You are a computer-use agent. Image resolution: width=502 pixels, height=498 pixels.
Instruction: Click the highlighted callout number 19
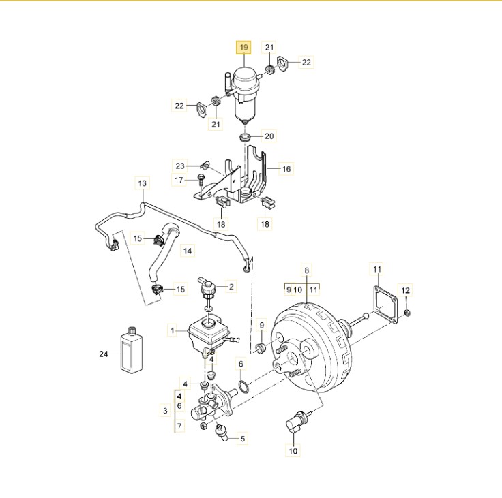tap(243, 48)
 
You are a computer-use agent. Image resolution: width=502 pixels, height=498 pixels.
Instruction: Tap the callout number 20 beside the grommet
tap(269, 136)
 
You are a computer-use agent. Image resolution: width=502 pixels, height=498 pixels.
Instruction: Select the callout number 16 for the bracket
tap(286, 168)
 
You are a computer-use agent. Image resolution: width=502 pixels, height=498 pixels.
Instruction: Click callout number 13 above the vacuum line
tap(142, 183)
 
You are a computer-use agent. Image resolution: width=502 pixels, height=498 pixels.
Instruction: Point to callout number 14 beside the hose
tap(188, 251)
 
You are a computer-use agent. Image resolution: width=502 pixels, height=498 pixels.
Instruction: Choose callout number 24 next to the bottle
tap(104, 354)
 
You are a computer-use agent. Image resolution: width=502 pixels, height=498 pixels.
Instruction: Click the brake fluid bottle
tap(131, 350)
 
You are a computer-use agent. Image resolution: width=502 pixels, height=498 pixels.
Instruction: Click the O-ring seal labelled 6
tap(243, 386)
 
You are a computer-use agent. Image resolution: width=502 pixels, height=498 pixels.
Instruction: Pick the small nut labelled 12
tap(407, 312)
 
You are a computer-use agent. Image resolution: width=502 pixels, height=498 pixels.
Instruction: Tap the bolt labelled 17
tap(201, 180)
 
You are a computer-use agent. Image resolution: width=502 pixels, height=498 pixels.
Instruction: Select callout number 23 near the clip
tap(179, 166)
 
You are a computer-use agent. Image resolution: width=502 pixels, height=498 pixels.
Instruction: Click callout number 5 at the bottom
tap(242, 439)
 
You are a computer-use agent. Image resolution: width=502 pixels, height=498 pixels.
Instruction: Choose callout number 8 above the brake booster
tap(306, 270)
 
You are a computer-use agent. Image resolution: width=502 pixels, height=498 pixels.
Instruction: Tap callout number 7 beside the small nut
tap(179, 426)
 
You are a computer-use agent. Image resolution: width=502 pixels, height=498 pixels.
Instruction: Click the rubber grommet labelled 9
tap(261, 348)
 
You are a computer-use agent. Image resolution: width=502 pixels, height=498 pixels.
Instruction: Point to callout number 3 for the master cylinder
tap(165, 410)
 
